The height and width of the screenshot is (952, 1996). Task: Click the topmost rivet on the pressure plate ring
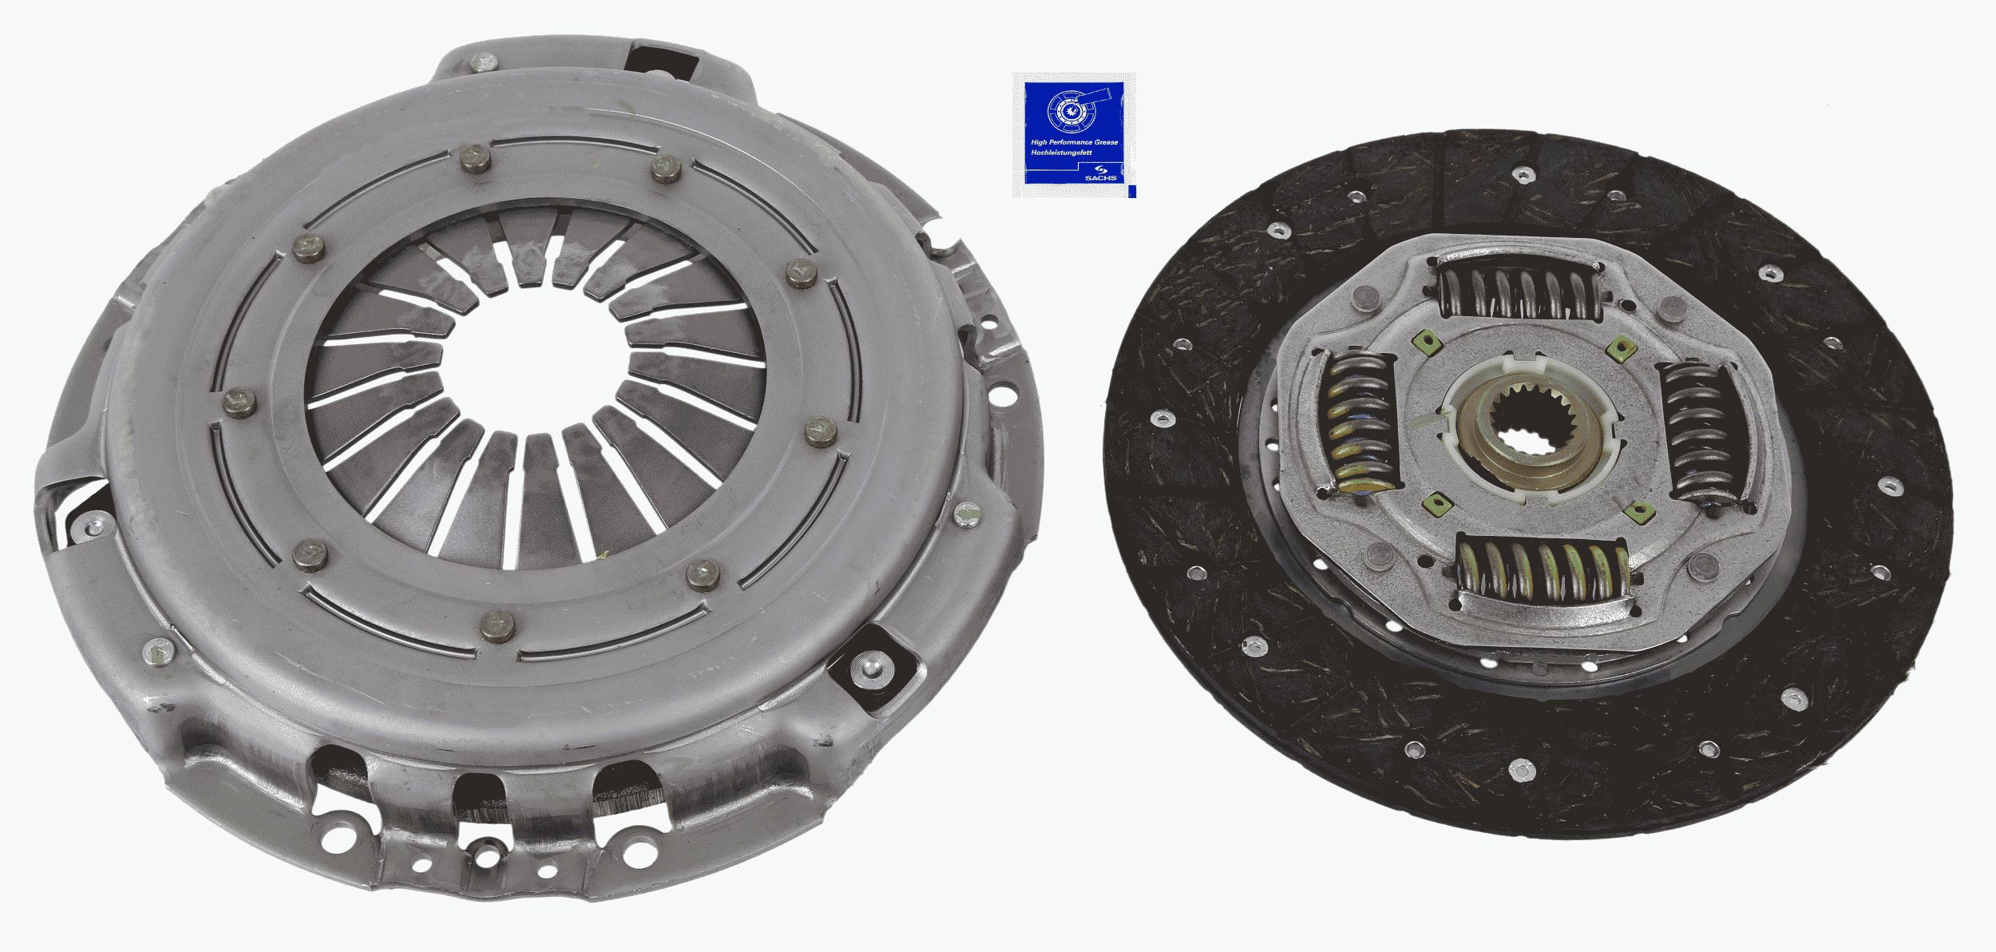(475, 159)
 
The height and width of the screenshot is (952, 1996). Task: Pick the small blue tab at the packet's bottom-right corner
(1132, 192)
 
